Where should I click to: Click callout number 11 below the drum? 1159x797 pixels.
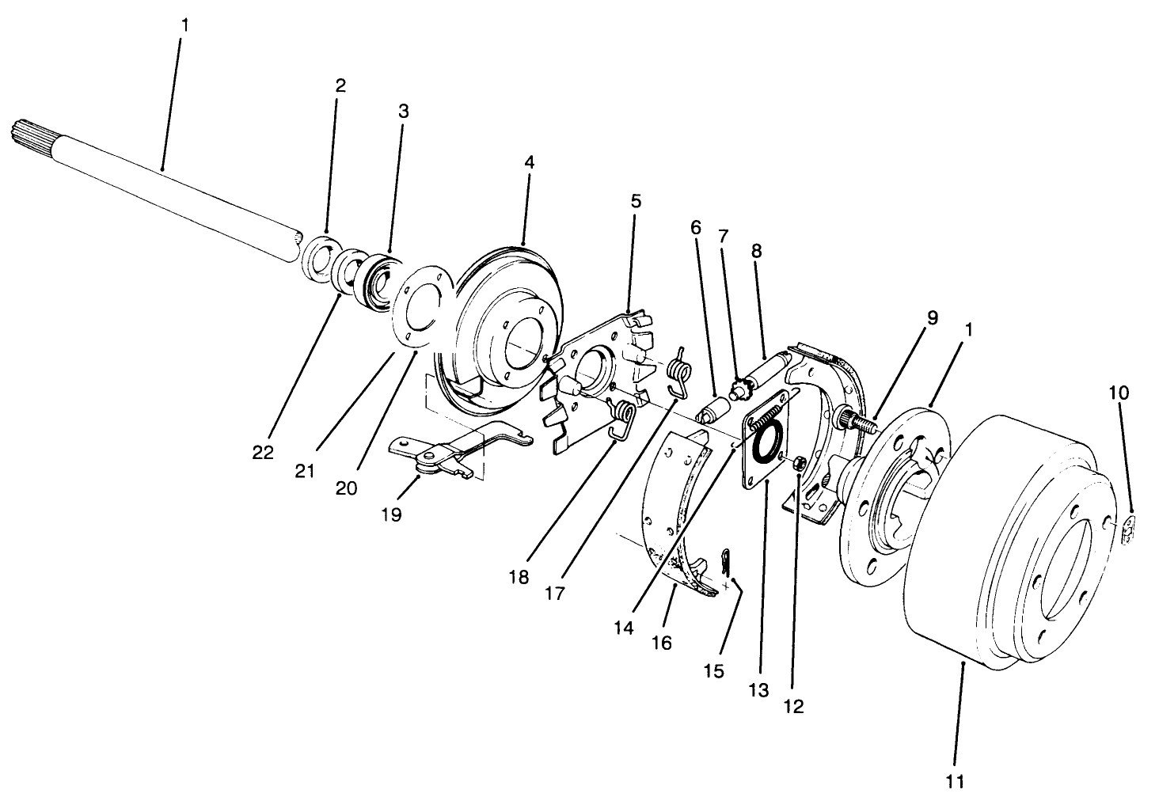pos(956,781)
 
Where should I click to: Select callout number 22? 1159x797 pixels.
pos(263,453)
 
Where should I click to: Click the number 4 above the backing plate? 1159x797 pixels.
pos(529,162)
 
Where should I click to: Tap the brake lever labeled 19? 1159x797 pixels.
pos(431,458)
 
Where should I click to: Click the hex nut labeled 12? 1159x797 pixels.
pos(800,461)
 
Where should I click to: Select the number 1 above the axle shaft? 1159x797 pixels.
pos(184,25)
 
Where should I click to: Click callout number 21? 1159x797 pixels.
pos(305,471)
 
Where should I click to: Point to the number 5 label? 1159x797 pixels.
pos(636,201)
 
